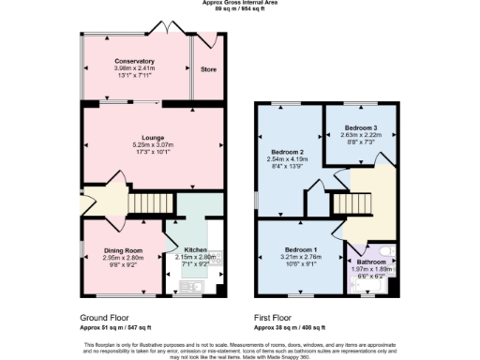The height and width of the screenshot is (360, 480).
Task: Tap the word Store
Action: (209, 69)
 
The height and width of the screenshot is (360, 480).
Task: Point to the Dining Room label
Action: (122, 250)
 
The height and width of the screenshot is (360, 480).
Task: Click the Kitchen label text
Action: (195, 250)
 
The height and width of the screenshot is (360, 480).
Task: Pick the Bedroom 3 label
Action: (361, 127)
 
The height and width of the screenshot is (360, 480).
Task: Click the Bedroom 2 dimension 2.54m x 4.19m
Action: (290, 158)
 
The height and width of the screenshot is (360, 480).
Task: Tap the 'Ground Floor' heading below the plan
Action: (103, 318)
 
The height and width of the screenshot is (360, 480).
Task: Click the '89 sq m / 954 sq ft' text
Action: (239, 9)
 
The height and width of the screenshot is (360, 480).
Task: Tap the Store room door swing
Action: (201, 43)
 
